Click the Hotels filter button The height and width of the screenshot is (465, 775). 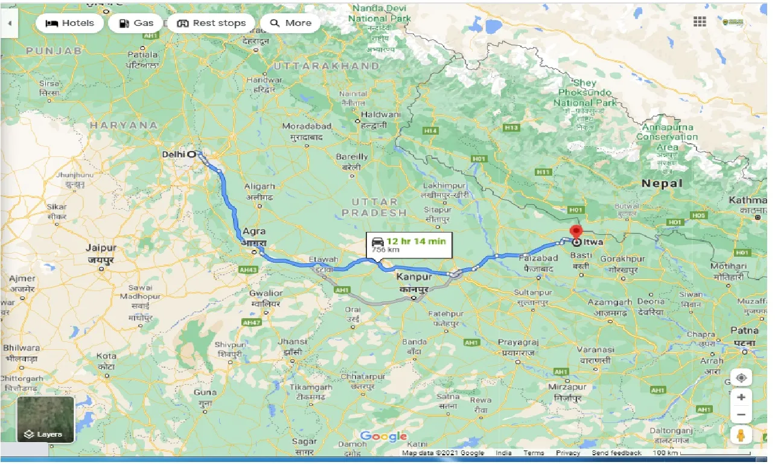70,24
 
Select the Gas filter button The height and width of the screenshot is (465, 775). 136,24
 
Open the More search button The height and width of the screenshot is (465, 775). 290,24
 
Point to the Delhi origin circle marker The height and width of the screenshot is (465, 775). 192,154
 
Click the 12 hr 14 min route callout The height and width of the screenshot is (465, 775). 409,245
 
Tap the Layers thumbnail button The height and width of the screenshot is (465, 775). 46,419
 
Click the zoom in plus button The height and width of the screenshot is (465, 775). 741,397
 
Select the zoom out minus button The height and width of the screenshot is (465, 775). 741,415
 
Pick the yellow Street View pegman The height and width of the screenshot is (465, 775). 741,435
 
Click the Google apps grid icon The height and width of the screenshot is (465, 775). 700,22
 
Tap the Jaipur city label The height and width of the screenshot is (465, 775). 100,248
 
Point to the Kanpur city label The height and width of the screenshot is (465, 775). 414,277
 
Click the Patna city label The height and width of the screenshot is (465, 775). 744,331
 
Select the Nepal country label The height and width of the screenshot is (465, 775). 662,183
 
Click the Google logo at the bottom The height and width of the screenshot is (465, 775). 383,437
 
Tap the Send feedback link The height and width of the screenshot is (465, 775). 616,453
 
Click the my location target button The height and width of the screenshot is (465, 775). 741,379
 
